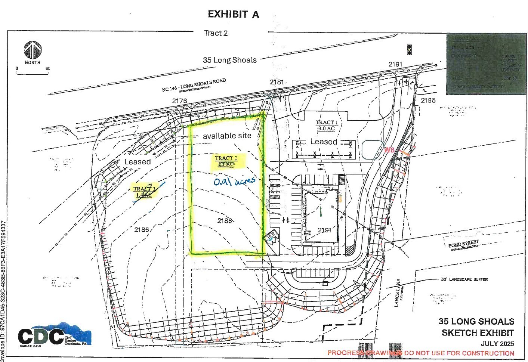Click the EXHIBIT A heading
click(x=233, y=14)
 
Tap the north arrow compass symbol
click(x=33, y=50)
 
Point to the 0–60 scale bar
click(x=32, y=72)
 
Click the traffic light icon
click(x=409, y=50)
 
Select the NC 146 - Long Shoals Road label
click(x=194, y=85)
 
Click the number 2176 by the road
click(x=179, y=101)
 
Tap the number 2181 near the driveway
click(x=277, y=82)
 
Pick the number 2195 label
click(x=428, y=100)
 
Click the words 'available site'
click(x=227, y=136)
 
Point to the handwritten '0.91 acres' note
click(x=234, y=181)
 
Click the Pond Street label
click(x=463, y=245)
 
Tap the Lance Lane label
click(x=398, y=293)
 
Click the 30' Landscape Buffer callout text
click(x=464, y=279)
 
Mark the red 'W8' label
click(x=389, y=150)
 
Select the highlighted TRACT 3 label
click(x=144, y=192)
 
